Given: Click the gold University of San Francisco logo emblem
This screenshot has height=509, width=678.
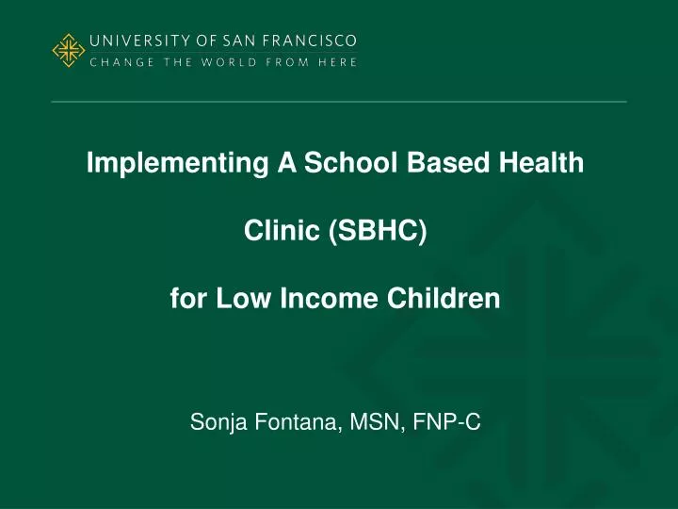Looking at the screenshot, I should [x=68, y=51].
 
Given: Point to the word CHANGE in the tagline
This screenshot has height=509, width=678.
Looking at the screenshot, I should [x=117, y=62].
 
